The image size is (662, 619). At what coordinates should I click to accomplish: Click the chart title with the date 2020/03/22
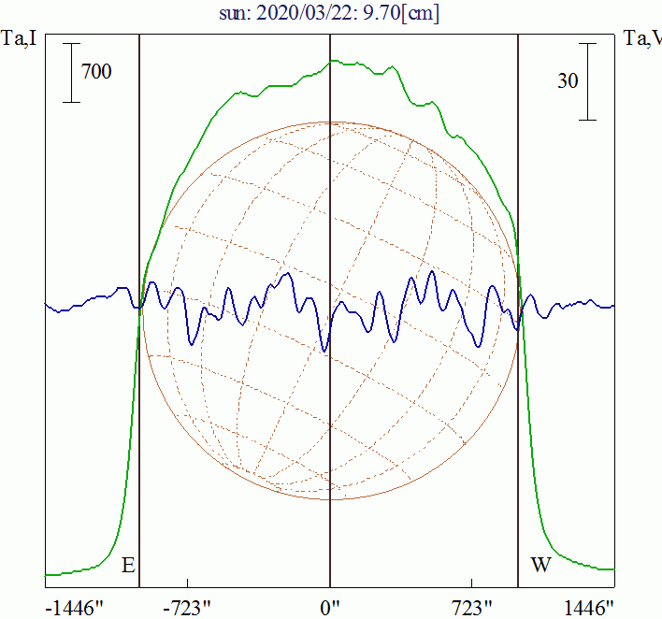(330, 14)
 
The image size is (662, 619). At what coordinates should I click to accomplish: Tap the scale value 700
(96, 71)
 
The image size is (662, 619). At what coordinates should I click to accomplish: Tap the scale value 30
(567, 81)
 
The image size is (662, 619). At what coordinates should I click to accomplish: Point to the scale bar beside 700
(71, 72)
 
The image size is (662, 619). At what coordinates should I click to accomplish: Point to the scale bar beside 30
(587, 81)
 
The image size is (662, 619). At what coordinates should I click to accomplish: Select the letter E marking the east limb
(128, 566)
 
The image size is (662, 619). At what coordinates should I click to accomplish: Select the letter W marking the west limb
(540, 566)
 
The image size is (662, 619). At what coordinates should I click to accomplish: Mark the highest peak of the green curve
(333, 61)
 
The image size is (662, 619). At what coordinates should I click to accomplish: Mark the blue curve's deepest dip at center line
(324, 351)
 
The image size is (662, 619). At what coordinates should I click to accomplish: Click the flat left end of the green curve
(56, 573)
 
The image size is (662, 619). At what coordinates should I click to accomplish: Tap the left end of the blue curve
(47, 306)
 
